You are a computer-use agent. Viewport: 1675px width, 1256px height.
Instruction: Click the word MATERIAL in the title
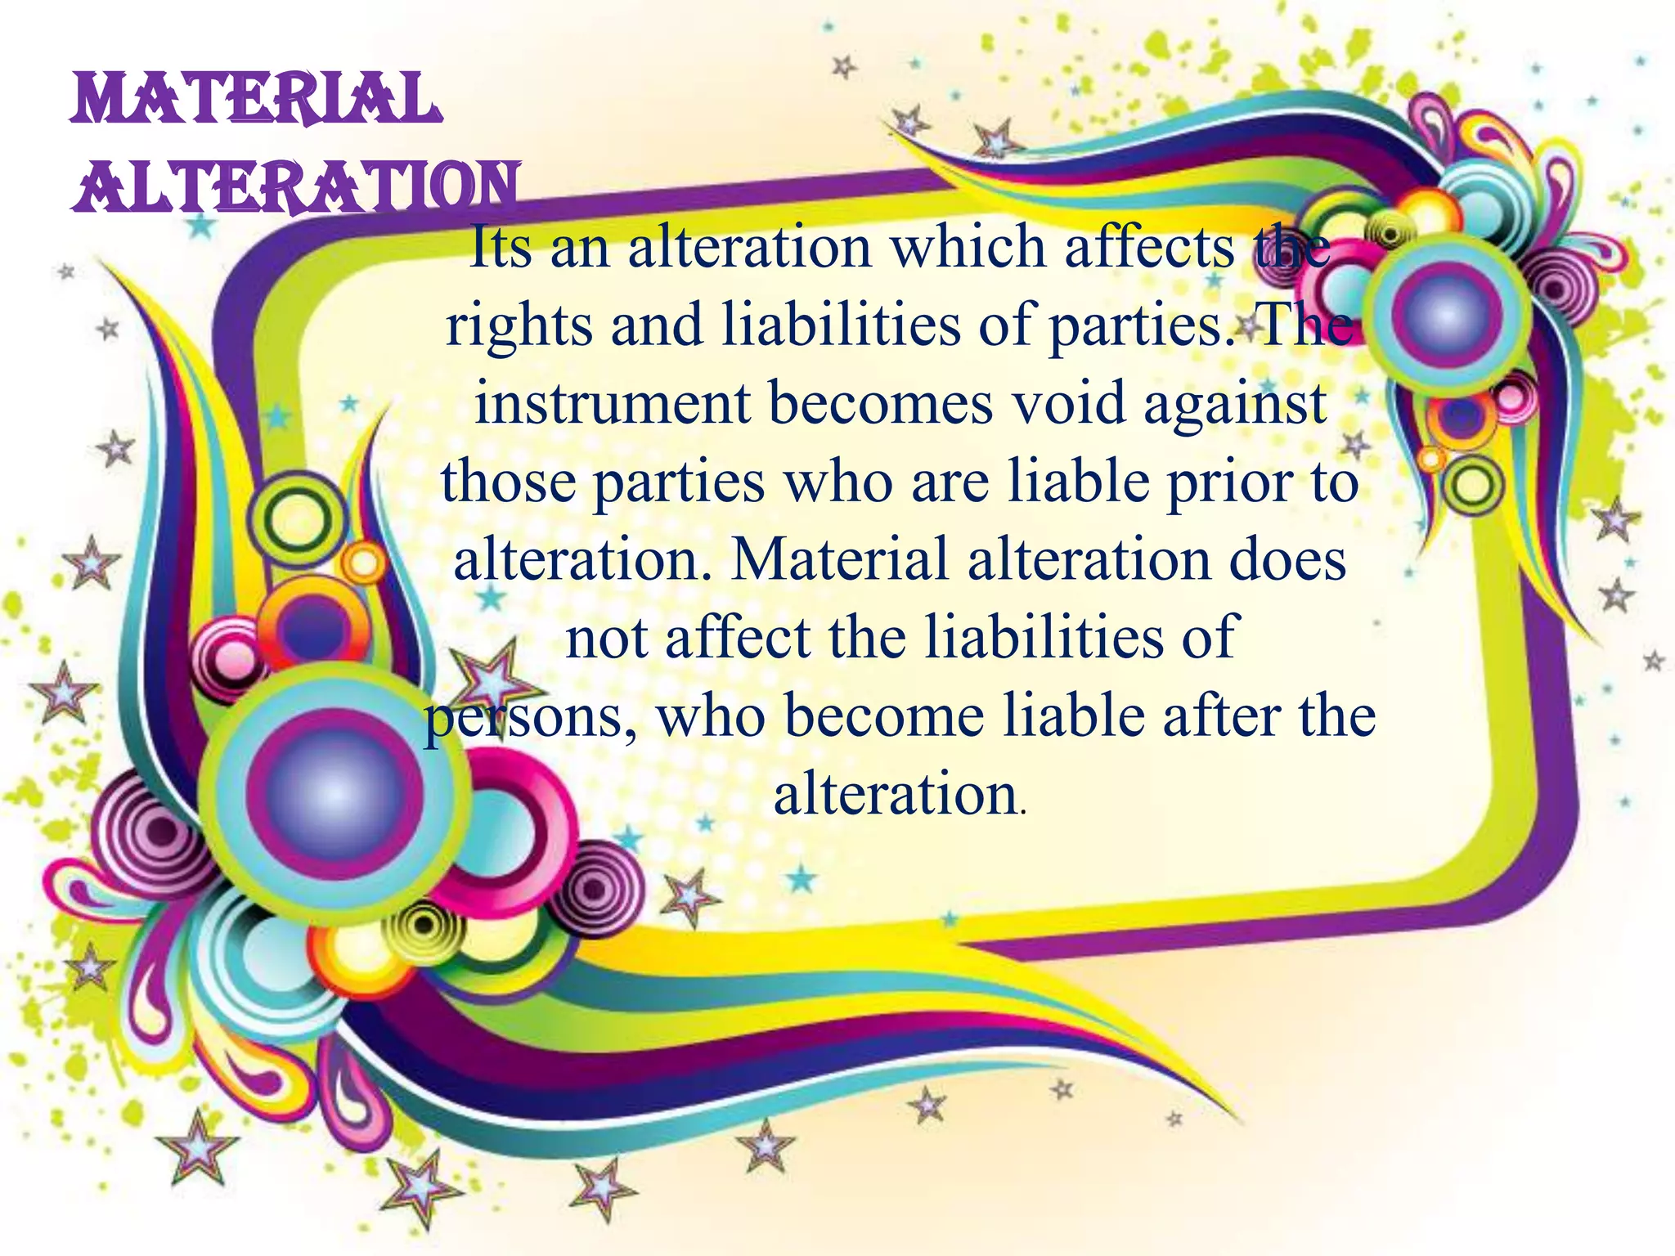point(255,100)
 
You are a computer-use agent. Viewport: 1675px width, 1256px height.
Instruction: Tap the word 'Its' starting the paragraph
point(501,247)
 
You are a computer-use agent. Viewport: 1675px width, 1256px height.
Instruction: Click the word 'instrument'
point(613,403)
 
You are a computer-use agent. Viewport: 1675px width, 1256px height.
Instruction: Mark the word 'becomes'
point(881,403)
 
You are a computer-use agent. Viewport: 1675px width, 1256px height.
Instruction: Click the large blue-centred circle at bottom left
point(335,790)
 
